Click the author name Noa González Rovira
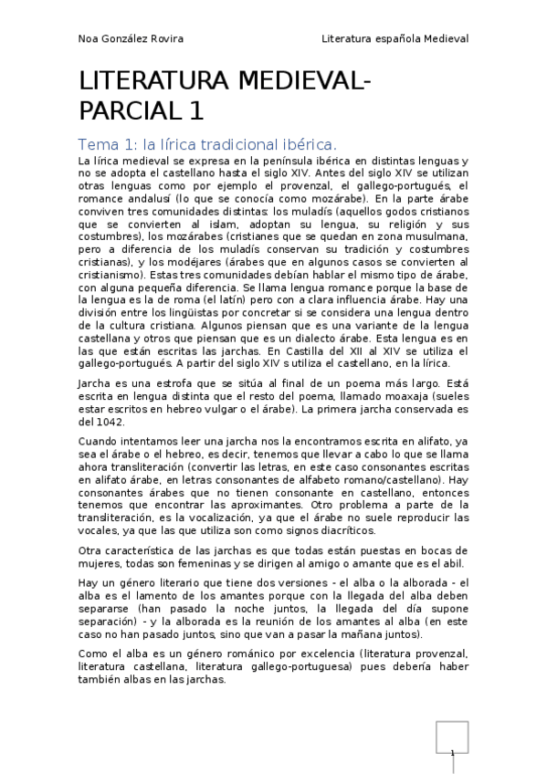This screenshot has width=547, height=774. click(x=131, y=39)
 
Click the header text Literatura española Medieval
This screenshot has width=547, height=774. click(x=394, y=39)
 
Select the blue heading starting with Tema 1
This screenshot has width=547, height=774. click(x=208, y=144)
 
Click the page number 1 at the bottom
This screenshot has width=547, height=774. click(x=452, y=753)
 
